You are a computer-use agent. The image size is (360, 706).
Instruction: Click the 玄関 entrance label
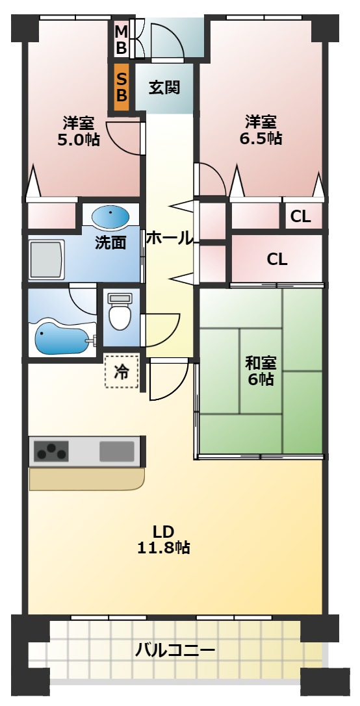click(164, 87)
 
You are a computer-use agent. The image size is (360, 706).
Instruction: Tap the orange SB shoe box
click(122, 87)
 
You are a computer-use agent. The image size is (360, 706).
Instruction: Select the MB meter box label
click(122, 39)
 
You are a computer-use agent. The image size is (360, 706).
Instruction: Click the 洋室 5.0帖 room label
click(79, 131)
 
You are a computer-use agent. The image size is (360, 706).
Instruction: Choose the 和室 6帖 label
click(260, 371)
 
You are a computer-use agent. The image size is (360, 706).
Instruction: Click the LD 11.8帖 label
click(163, 538)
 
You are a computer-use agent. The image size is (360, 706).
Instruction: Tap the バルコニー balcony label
click(175, 649)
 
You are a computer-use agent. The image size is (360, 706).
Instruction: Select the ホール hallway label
click(169, 238)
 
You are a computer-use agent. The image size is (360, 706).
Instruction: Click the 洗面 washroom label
click(110, 242)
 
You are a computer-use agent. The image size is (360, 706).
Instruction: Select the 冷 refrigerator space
click(122, 372)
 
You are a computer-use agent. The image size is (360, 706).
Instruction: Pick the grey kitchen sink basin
click(117, 450)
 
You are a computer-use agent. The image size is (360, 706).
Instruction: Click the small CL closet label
click(300, 217)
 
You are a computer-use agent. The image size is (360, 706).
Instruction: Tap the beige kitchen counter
click(84, 479)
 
